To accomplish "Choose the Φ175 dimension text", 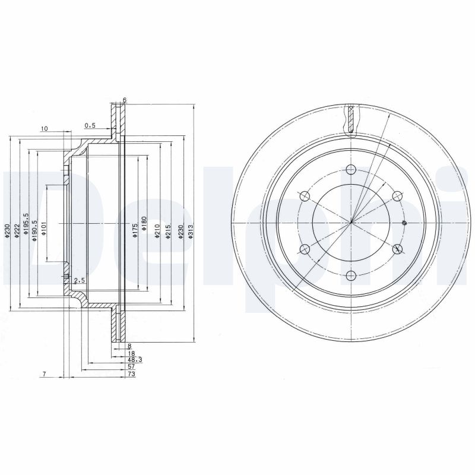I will point(135,231).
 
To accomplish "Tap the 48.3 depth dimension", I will point(134,360).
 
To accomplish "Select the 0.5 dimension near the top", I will point(90,125).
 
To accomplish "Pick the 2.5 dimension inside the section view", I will point(80,280).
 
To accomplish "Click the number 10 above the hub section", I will point(44,128).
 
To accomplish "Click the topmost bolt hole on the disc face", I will point(351,169).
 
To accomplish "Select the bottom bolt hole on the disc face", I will point(351,275).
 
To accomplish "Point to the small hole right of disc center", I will point(404,223).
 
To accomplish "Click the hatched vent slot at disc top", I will point(351,119).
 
